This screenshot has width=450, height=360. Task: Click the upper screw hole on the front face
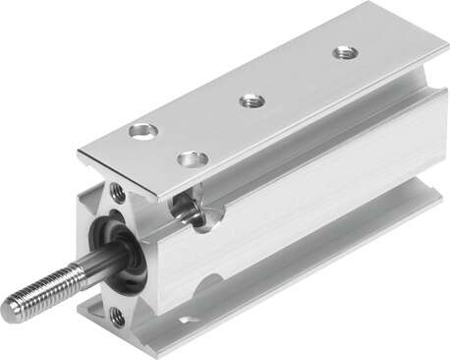pyautogui.click(x=117, y=193)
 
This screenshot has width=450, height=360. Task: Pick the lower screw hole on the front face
pyautogui.click(x=117, y=316)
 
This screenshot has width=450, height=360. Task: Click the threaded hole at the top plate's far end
pyautogui.click(x=344, y=52)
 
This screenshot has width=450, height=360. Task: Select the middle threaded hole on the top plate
pyautogui.click(x=252, y=99)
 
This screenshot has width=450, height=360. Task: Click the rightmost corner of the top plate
pyautogui.click(x=447, y=48)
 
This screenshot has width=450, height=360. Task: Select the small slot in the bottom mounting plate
pyautogui.click(x=187, y=321)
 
